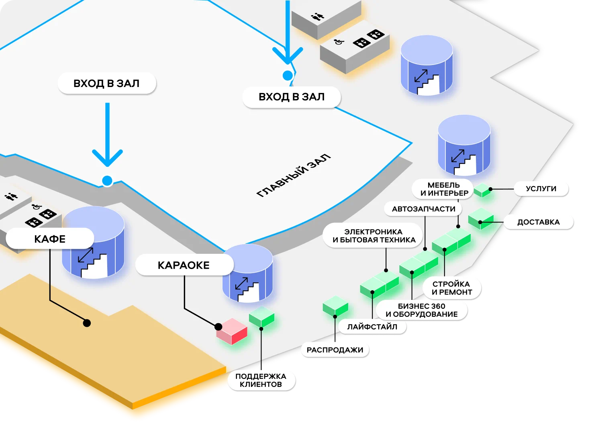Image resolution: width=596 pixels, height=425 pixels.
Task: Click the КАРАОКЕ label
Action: pyautogui.click(x=184, y=265)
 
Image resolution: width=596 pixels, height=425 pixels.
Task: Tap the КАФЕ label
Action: pyautogui.click(x=50, y=239)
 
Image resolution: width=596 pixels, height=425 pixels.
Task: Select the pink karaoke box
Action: pyautogui.click(x=231, y=331)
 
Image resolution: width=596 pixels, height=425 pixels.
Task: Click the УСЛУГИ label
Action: pyautogui.click(x=541, y=188)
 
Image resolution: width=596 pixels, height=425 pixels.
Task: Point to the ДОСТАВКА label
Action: pyautogui.click(x=538, y=222)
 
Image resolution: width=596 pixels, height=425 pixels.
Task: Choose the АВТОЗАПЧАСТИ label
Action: pyautogui.click(x=423, y=209)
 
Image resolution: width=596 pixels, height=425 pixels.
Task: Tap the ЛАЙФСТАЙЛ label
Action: pyautogui.click(x=372, y=327)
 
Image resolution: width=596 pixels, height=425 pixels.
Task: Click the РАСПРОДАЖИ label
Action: pyautogui.click(x=335, y=350)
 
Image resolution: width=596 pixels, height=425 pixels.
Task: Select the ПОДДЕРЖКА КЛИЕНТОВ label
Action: pyautogui.click(x=261, y=380)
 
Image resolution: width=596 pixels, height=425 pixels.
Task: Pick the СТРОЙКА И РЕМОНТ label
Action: pyautogui.click(x=451, y=288)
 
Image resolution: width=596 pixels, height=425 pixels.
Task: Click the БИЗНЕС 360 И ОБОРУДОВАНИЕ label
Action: pyautogui.click(x=421, y=310)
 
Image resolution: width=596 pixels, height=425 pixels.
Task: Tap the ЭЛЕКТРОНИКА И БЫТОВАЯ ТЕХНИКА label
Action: pyautogui.click(x=374, y=236)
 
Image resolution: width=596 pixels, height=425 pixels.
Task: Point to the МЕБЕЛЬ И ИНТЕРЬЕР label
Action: pyautogui.click(x=444, y=189)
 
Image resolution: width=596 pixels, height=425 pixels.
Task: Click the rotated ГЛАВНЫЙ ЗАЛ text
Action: pyautogui.click(x=294, y=176)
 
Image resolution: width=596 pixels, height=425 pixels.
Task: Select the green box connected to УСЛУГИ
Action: pyautogui.click(x=482, y=190)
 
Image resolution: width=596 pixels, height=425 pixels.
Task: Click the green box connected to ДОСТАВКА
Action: pyautogui.click(x=480, y=219)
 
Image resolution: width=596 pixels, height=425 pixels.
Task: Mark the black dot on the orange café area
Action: pyautogui.click(x=87, y=323)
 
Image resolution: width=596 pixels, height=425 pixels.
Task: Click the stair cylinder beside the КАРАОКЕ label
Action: pyautogui.click(x=248, y=273)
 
